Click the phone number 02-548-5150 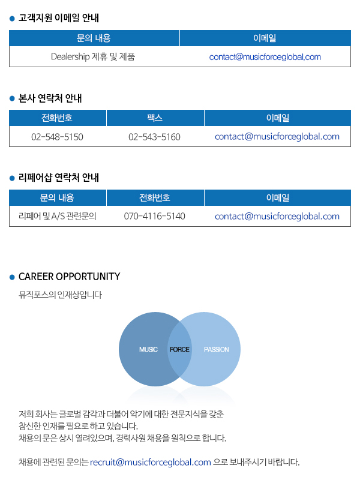pos(57,137)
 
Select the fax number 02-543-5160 pos(154,137)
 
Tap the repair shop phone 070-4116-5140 pos(154,216)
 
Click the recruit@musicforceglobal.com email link pos(151,462)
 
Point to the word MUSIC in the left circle pos(148,350)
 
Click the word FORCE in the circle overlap pos(179,350)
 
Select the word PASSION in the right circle pos(216,350)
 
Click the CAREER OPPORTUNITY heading pos(70,277)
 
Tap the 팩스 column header pos(155,118)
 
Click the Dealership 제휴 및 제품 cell pos(93,57)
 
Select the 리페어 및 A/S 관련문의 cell pos(58,216)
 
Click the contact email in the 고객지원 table pos(265,57)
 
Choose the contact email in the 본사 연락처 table pos(277,136)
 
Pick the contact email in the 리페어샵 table pos(277,216)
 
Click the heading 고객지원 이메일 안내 pos(59,18)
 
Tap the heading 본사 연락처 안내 pos(50,98)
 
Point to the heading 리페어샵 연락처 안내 pos(59,178)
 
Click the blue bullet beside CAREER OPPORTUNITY pos(12,277)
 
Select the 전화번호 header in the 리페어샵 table pos(155,197)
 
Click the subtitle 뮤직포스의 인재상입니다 pos(60,295)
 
